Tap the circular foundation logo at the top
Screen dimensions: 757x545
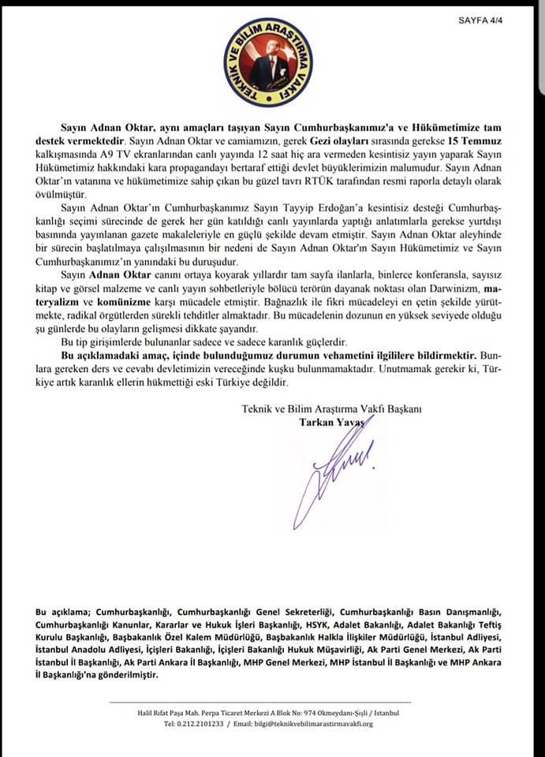point(267,64)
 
